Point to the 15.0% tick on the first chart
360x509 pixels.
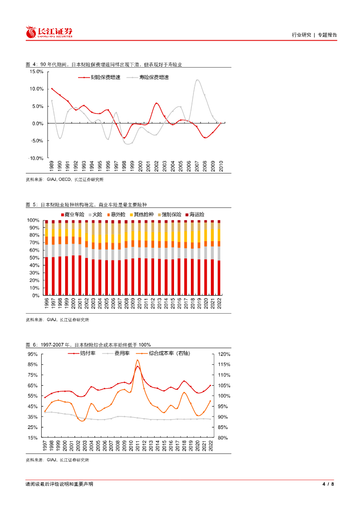36,72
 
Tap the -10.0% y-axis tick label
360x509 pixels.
35,158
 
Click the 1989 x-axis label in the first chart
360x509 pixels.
51,166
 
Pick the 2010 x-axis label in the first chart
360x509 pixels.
221,166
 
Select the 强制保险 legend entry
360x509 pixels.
168,214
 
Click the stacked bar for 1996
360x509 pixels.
46,258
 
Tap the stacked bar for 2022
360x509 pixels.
219,258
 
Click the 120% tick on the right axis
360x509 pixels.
224,354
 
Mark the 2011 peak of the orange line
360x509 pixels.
137,360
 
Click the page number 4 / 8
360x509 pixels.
329,485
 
